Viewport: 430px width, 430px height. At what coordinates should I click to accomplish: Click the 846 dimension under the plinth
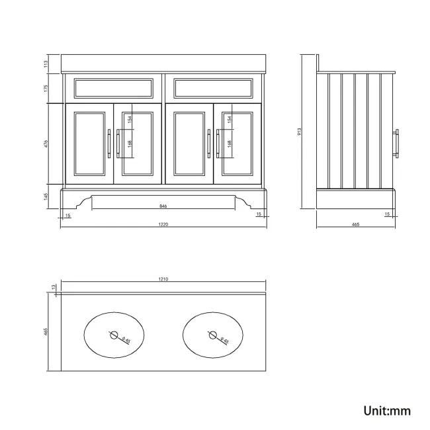click(x=163, y=206)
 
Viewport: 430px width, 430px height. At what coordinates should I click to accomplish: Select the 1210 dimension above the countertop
click(x=163, y=279)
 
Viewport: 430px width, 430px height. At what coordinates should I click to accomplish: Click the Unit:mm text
click(x=387, y=410)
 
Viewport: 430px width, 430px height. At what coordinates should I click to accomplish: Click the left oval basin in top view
click(x=114, y=335)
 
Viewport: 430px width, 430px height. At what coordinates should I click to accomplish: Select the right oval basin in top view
click(x=213, y=335)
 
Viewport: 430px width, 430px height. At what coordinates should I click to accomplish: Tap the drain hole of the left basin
click(x=114, y=335)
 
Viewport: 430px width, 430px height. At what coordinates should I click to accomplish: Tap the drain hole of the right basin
click(x=213, y=335)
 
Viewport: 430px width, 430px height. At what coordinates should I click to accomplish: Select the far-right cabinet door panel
click(x=237, y=143)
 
